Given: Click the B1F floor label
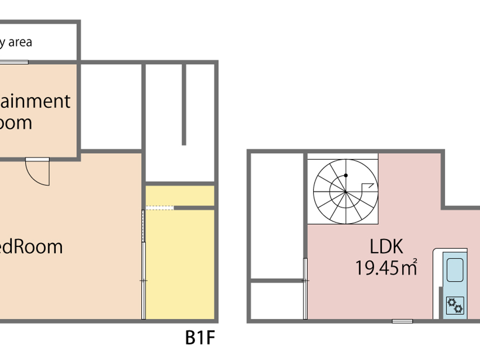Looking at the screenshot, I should click(200, 338).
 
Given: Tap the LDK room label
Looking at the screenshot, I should click(386, 247).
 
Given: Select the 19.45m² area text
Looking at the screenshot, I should click(386, 268).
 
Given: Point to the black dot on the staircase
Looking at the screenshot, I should click(346, 176).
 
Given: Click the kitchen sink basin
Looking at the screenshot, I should click(455, 270).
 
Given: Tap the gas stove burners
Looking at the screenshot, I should click(455, 305).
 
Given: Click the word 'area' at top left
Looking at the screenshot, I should click(20, 42).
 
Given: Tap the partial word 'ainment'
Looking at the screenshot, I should click(35, 101).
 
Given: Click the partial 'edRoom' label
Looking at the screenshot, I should click(31, 247).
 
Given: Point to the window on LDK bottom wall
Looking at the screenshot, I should click(403, 321).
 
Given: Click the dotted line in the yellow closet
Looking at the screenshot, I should click(160, 208).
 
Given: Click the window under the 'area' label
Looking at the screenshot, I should click(14, 62).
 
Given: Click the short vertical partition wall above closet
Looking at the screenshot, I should click(184, 105).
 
